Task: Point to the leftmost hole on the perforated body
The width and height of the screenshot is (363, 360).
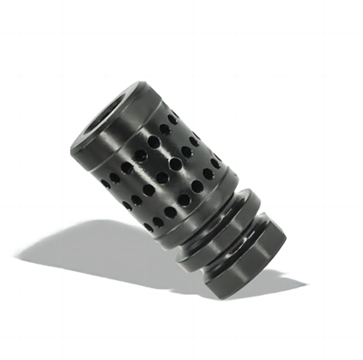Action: (x=105, y=183)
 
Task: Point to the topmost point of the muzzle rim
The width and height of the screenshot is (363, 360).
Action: (x=136, y=83)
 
